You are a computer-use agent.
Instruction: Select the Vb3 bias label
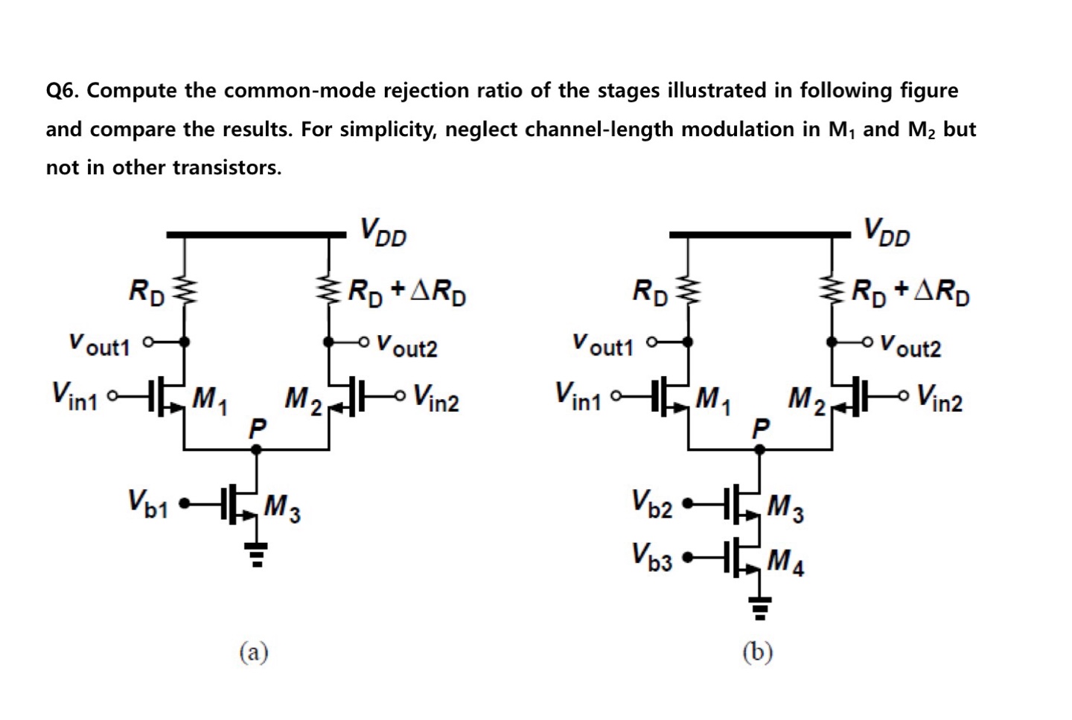click(x=651, y=556)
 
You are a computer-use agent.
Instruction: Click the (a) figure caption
click(x=254, y=652)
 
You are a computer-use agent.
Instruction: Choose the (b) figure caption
click(x=758, y=652)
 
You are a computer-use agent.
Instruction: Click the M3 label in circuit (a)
click(x=283, y=509)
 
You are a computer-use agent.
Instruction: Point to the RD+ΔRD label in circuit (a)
click(x=407, y=293)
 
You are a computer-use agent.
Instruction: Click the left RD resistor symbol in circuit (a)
click(x=183, y=290)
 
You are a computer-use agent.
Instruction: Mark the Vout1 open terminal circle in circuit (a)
click(x=147, y=343)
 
